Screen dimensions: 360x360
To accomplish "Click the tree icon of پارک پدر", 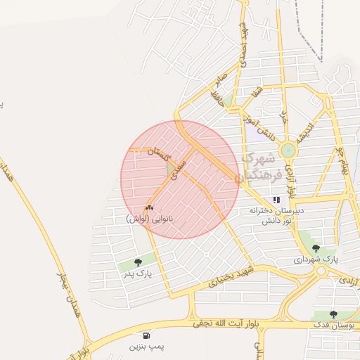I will (x=137, y=262).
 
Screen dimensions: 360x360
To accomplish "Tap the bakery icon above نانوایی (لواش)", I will (x=149, y=208).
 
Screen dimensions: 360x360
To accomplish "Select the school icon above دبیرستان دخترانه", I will (x=276, y=200).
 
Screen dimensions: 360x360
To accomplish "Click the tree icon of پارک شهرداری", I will (x=315, y=248).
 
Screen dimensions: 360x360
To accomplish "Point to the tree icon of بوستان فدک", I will (x=333, y=315).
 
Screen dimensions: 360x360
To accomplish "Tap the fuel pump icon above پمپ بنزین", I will (x=146, y=335).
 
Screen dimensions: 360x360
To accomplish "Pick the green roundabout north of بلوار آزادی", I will (x=288, y=150).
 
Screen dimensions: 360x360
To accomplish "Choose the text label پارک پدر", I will (x=138, y=273).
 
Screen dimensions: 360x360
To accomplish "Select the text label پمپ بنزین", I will (x=146, y=347).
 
